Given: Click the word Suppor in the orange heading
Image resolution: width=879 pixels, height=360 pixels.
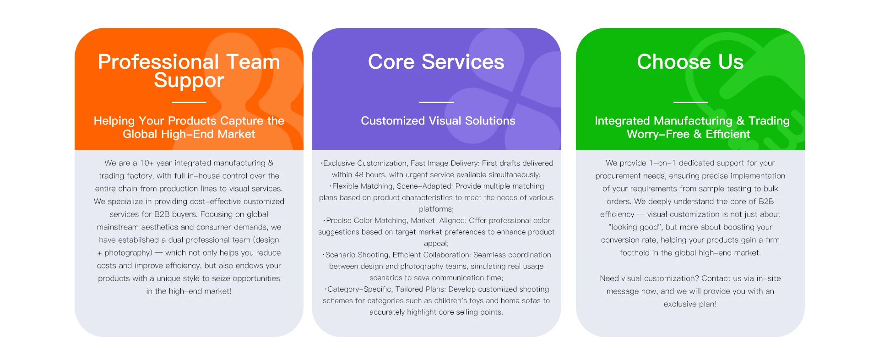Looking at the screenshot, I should [189, 81].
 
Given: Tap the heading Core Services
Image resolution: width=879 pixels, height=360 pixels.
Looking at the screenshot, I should [436, 62].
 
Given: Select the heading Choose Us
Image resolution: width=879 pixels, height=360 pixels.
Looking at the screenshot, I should [690, 62].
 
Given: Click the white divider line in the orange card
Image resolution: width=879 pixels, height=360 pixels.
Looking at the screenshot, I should [189, 102].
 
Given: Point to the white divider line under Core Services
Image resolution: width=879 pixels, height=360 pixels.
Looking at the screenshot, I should [436, 102].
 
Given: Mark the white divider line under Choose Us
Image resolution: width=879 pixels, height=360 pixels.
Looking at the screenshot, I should [690, 102].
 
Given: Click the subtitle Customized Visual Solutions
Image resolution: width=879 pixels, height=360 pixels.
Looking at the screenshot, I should [438, 121].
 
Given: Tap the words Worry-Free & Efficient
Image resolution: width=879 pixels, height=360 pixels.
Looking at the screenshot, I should [688, 134].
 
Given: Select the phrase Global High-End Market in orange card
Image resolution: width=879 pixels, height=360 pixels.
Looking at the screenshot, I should [189, 134].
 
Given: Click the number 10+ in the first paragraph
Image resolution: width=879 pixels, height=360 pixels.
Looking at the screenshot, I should [146, 163].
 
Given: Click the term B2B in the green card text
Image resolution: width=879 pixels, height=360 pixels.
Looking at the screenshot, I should [766, 202].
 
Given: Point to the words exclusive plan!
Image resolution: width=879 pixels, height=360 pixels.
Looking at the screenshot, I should [690, 304].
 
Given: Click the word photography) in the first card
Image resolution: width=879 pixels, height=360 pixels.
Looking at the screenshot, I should [128, 253].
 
